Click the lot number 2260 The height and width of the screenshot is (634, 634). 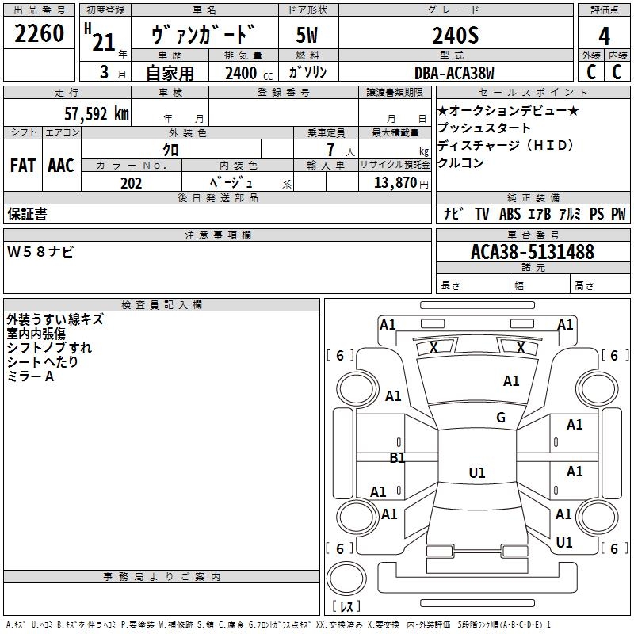point(40,35)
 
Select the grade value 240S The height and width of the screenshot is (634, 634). point(455,36)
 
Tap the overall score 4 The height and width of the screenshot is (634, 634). point(604,36)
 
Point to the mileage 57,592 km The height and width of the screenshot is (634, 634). point(96,113)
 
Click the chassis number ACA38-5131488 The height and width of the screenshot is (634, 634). point(532,252)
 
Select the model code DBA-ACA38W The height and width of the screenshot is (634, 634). point(454,73)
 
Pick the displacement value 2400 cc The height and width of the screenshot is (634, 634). point(242,73)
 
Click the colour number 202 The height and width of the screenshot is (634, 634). point(131,183)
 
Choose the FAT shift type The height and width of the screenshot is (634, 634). point(23,166)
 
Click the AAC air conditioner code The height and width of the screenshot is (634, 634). point(61,166)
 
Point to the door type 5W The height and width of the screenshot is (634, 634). point(307,36)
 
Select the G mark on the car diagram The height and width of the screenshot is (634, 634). point(501,418)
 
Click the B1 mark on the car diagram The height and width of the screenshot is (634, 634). point(397,457)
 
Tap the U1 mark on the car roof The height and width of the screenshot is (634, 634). point(477,473)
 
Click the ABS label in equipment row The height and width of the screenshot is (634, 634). point(510,214)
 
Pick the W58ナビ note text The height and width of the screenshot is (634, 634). point(40,252)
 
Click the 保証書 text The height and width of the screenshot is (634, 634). point(27,214)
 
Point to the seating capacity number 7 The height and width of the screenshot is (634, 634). point(328,150)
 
